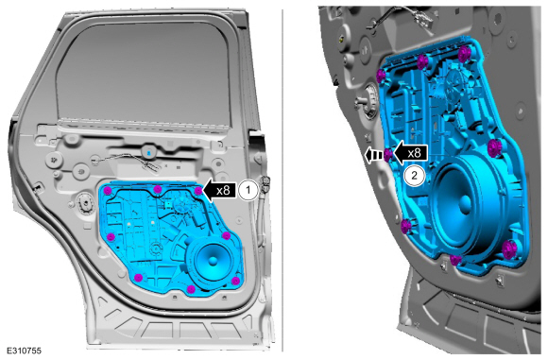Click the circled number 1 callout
tap(248, 191)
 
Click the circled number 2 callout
tap(414, 176)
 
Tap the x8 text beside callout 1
tap(223, 191)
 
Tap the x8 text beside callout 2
tap(414, 153)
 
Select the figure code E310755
tap(24, 351)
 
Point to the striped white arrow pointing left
tap(374, 155)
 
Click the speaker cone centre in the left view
tap(213, 261)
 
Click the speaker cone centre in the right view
tap(465, 201)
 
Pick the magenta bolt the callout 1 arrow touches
tap(198, 191)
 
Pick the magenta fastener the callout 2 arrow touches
tap(388, 154)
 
